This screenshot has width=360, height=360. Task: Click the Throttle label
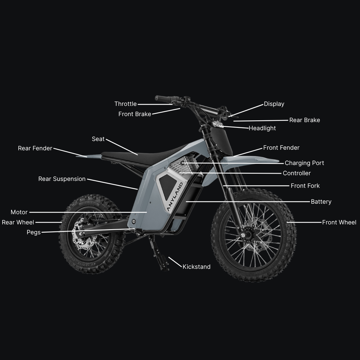coord(126,104)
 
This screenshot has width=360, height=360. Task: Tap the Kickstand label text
coord(197,266)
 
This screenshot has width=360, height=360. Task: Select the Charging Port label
coord(304,163)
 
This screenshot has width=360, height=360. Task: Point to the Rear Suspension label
coord(62,179)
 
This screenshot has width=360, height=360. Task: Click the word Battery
coord(321,202)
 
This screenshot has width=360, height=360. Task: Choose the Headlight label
coord(262,128)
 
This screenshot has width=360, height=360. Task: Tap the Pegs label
coord(33,232)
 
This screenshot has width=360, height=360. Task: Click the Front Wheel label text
coord(339,222)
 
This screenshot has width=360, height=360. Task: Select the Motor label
coord(19,212)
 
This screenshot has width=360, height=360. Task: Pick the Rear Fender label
coord(35,148)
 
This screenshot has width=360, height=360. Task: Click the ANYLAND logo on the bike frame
coord(175,197)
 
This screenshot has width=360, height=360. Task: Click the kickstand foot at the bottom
coord(165,268)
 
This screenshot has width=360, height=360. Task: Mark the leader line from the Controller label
coord(230,173)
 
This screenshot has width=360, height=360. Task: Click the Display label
coord(274,104)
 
